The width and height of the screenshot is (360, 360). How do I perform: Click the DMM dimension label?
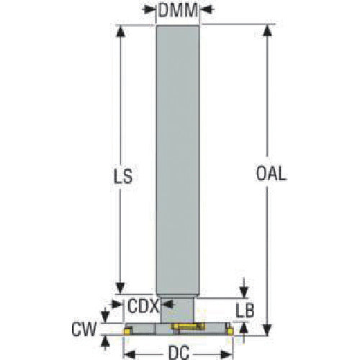(178, 10)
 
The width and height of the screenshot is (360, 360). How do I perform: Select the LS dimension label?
(122, 176)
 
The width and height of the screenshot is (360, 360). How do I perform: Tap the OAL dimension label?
(271, 174)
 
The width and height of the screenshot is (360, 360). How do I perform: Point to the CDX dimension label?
(143, 306)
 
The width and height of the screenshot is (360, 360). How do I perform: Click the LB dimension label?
(245, 310)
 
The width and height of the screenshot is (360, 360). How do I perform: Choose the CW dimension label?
(84, 329)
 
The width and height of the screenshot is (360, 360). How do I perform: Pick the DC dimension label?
(179, 353)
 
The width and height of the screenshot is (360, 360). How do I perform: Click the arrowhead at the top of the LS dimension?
(120, 31)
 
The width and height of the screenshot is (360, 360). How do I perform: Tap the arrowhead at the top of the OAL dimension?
(267, 31)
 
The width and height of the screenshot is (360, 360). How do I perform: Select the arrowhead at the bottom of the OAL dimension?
(267, 329)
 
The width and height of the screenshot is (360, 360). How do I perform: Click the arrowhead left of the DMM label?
(149, 9)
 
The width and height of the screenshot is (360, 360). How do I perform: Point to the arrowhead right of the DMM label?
(207, 9)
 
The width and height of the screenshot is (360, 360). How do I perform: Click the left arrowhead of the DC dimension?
(130, 354)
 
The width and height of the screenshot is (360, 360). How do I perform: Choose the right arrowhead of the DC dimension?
(226, 354)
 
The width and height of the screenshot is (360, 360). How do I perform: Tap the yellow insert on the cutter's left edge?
(127, 331)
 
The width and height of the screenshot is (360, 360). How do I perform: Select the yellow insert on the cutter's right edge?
(230, 331)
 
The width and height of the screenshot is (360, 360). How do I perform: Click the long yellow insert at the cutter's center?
(188, 326)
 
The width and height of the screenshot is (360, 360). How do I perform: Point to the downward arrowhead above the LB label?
(244, 292)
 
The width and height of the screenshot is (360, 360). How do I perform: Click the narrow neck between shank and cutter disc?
(178, 310)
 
